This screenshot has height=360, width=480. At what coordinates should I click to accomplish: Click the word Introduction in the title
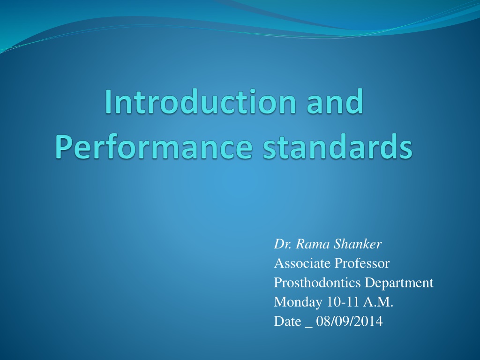pos(201,102)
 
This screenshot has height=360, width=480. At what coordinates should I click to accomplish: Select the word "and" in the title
pos(335,102)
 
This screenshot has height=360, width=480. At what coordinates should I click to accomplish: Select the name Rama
pos(312,244)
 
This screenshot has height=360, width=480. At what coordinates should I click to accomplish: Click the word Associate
pos(302,263)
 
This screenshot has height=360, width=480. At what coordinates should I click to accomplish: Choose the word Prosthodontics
pos(317,282)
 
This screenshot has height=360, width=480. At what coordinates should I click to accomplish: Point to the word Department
pos(399,283)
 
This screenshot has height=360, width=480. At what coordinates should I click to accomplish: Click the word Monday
pos(298,302)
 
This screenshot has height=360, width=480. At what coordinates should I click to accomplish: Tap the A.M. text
pos(378,302)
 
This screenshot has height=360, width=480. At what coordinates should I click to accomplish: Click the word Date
pos(287,321)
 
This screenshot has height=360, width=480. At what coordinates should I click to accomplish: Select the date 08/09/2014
pos(350,321)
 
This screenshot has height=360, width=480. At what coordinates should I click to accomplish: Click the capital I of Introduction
pos(108,102)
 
